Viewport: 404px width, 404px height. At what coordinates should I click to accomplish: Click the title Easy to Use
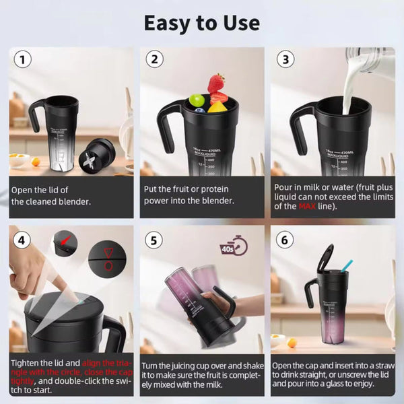(x=201, y=22)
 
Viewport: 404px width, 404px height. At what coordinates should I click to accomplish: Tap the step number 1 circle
(x=24, y=60)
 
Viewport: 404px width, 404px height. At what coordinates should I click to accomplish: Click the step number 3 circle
(x=285, y=60)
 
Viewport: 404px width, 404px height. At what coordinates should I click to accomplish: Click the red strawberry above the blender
(x=215, y=84)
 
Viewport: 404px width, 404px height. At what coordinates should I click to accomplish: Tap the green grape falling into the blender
(x=197, y=100)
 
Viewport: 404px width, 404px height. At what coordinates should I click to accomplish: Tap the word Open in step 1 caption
(x=25, y=190)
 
